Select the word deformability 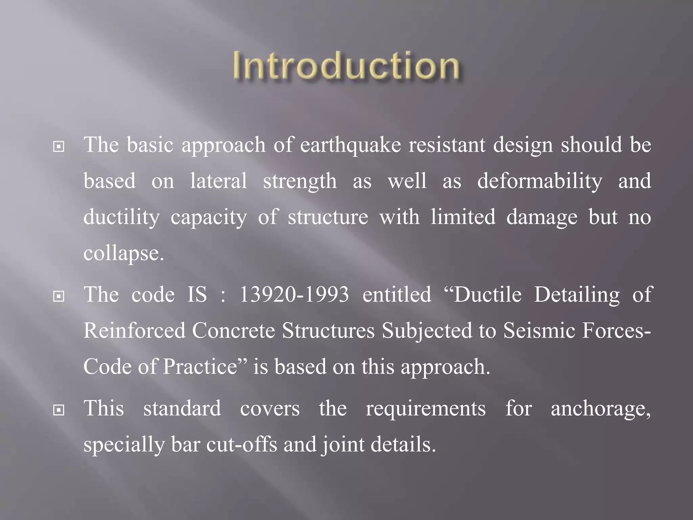[x=540, y=181]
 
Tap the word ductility [x=121, y=217]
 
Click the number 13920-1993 [x=294, y=295]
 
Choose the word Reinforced [x=134, y=330]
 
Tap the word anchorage [x=601, y=409]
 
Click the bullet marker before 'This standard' [x=59, y=410]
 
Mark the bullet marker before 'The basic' [x=59, y=147]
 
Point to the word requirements [x=426, y=409]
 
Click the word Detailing [x=577, y=295]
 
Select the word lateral [x=218, y=181]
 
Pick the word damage [x=542, y=217]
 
